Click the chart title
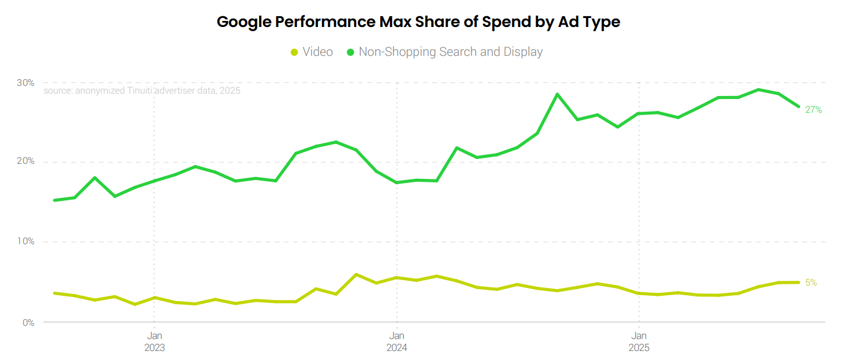coord(418,22)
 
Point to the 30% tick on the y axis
coord(25,82)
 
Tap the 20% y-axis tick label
coord(25,162)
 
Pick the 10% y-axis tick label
coord(25,242)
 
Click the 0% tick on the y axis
coord(27,322)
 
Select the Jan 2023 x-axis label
coord(154,341)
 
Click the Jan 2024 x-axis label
coord(396,341)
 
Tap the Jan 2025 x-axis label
coord(638,341)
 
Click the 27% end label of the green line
coord(813,110)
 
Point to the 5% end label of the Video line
coord(811,283)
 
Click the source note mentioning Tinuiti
coord(142,91)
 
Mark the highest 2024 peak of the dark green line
coord(557,94)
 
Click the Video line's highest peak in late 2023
coord(356,275)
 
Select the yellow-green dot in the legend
coord(294,52)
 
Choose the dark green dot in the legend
coord(350,52)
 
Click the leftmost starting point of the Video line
coord(54,293)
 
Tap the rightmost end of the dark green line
coord(798,107)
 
